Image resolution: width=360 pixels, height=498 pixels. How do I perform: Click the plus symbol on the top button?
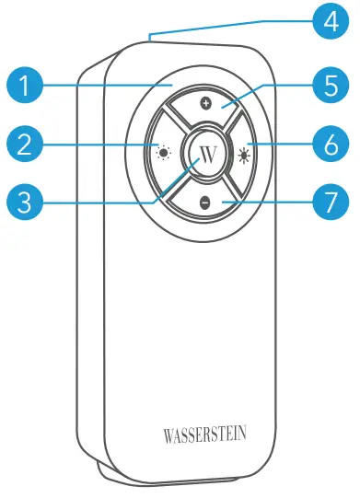(205, 104)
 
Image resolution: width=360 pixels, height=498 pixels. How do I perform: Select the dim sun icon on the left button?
(163, 153)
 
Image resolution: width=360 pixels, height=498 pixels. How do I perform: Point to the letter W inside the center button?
(205, 153)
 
